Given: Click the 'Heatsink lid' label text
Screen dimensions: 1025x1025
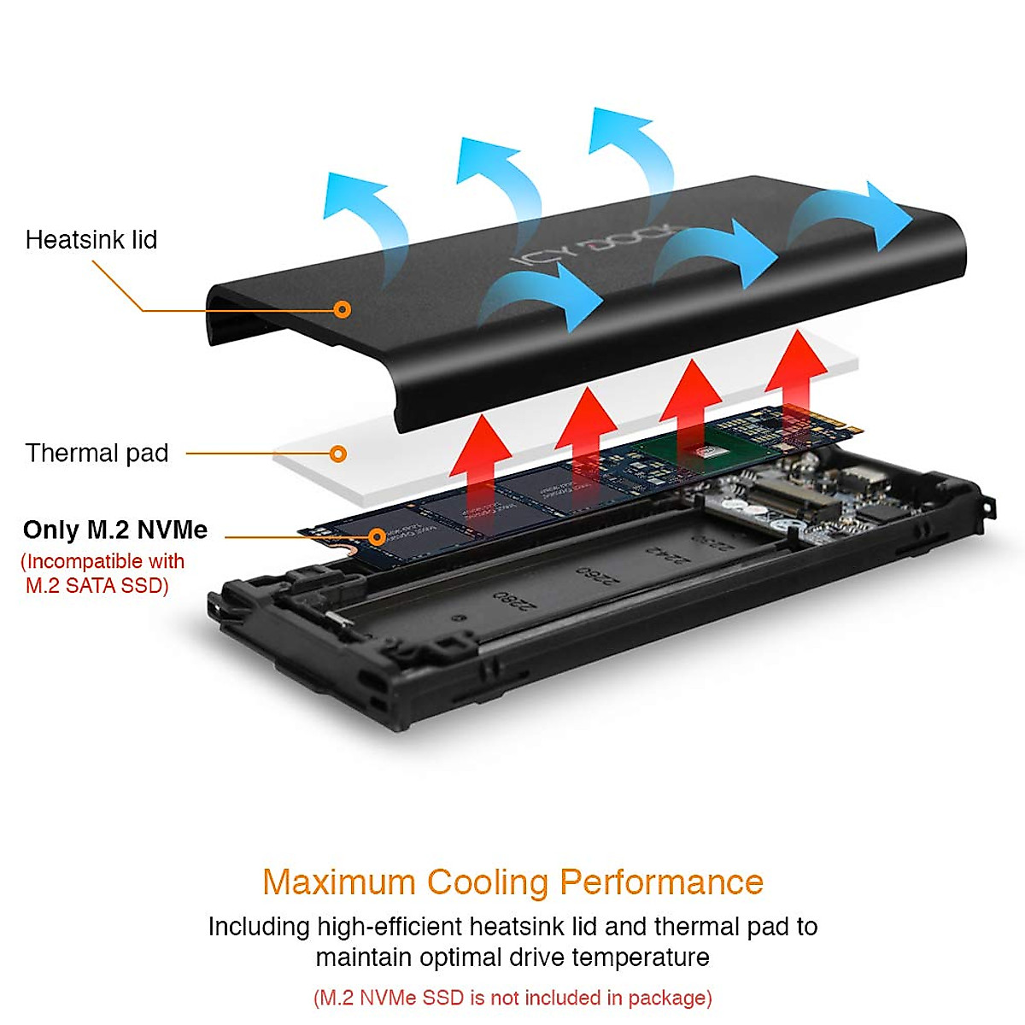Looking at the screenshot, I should tap(91, 240).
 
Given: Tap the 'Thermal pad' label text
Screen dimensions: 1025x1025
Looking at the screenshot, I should tap(97, 453).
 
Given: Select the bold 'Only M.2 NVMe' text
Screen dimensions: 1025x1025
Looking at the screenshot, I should tap(115, 530).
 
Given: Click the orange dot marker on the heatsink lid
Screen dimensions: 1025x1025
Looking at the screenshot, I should tap(342, 309).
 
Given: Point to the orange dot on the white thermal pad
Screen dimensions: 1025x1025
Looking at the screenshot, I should tap(338, 454).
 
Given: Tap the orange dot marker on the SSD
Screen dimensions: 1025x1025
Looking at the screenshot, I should tap(377, 537).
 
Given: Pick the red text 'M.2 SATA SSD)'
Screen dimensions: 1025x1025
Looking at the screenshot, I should tap(97, 585).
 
